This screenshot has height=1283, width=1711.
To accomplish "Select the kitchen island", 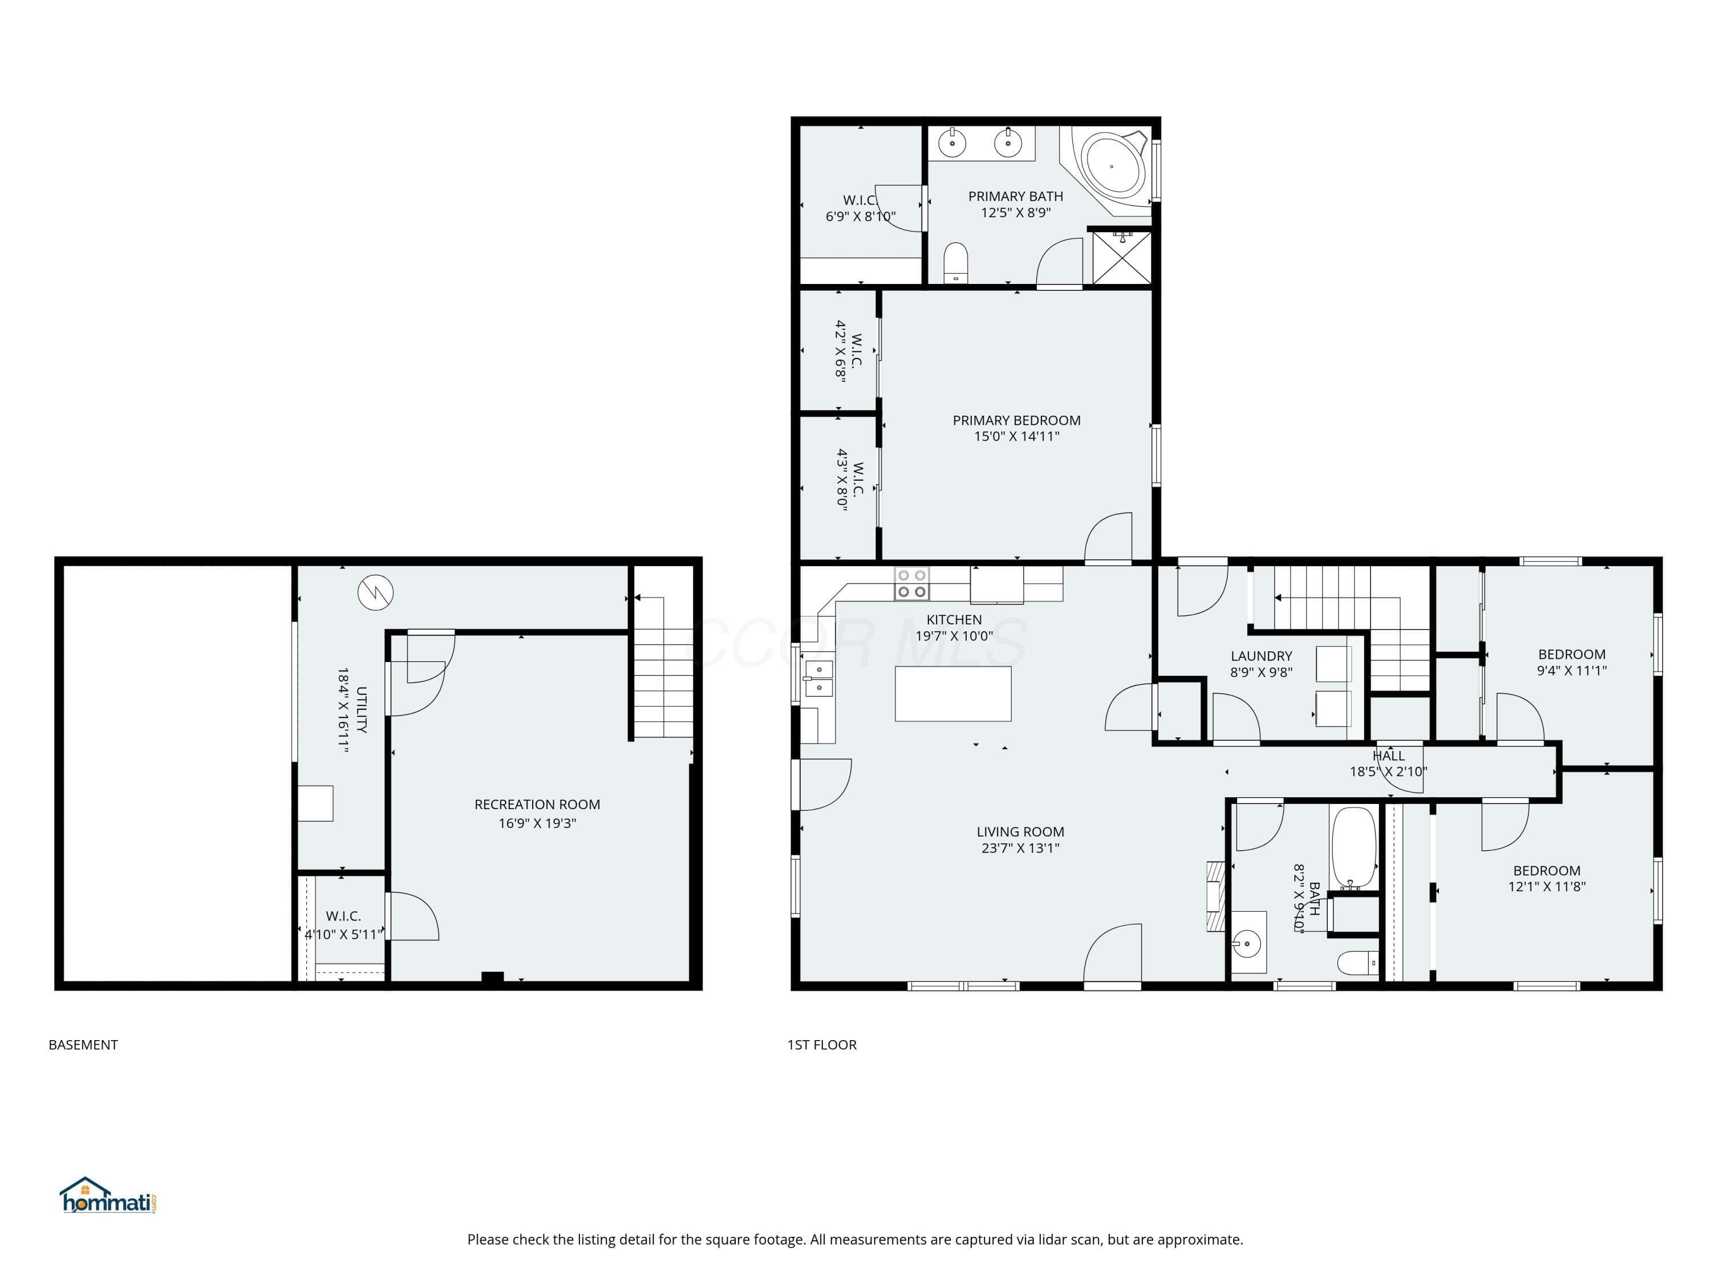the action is (x=953, y=694).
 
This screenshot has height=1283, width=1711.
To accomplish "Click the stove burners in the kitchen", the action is (x=912, y=584).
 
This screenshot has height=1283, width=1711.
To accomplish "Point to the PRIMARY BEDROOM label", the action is (x=1016, y=420).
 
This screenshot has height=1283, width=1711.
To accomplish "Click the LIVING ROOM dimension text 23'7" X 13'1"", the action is (x=1020, y=847).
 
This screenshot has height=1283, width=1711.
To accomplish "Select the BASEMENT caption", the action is (x=83, y=1045).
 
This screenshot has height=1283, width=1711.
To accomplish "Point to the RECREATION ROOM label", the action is (x=537, y=804).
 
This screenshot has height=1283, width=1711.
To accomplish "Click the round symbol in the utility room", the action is (x=375, y=593).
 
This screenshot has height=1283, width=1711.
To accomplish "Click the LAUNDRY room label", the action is (x=1261, y=656).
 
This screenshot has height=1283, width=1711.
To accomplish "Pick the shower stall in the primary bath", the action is (x=1121, y=257).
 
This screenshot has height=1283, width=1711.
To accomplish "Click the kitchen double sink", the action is (x=818, y=678).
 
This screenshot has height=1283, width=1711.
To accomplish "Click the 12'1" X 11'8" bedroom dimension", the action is (x=1547, y=886).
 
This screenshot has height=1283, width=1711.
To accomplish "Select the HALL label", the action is (x=1388, y=756).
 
